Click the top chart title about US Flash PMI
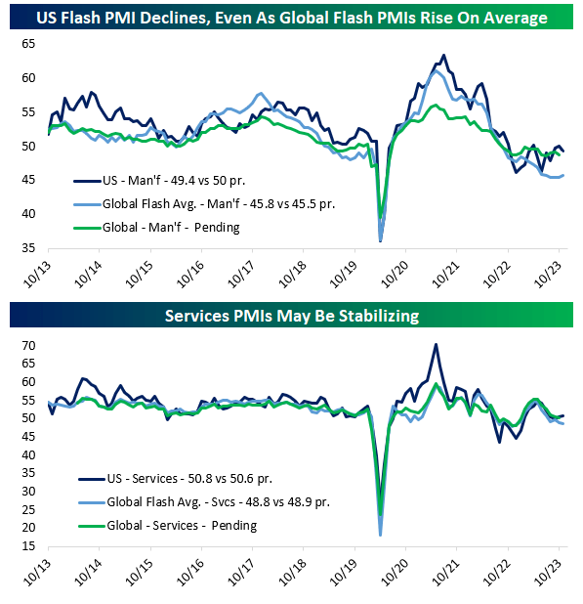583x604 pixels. point(291,18)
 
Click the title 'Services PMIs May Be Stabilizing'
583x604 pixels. point(291,316)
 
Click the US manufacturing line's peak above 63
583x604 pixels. point(443,55)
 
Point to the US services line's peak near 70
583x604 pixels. point(436,344)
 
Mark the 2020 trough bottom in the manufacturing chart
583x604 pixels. point(380,239)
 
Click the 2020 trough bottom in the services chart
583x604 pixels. point(380,534)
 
